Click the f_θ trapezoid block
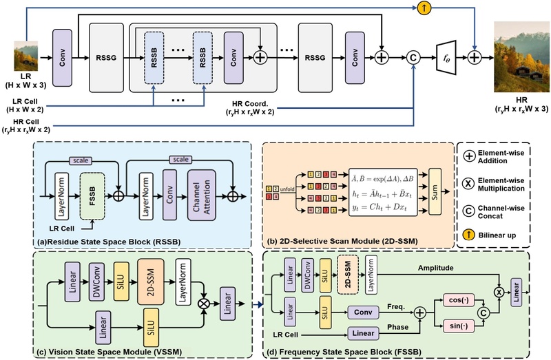[448, 59]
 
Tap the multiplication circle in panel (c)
[203, 299]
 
